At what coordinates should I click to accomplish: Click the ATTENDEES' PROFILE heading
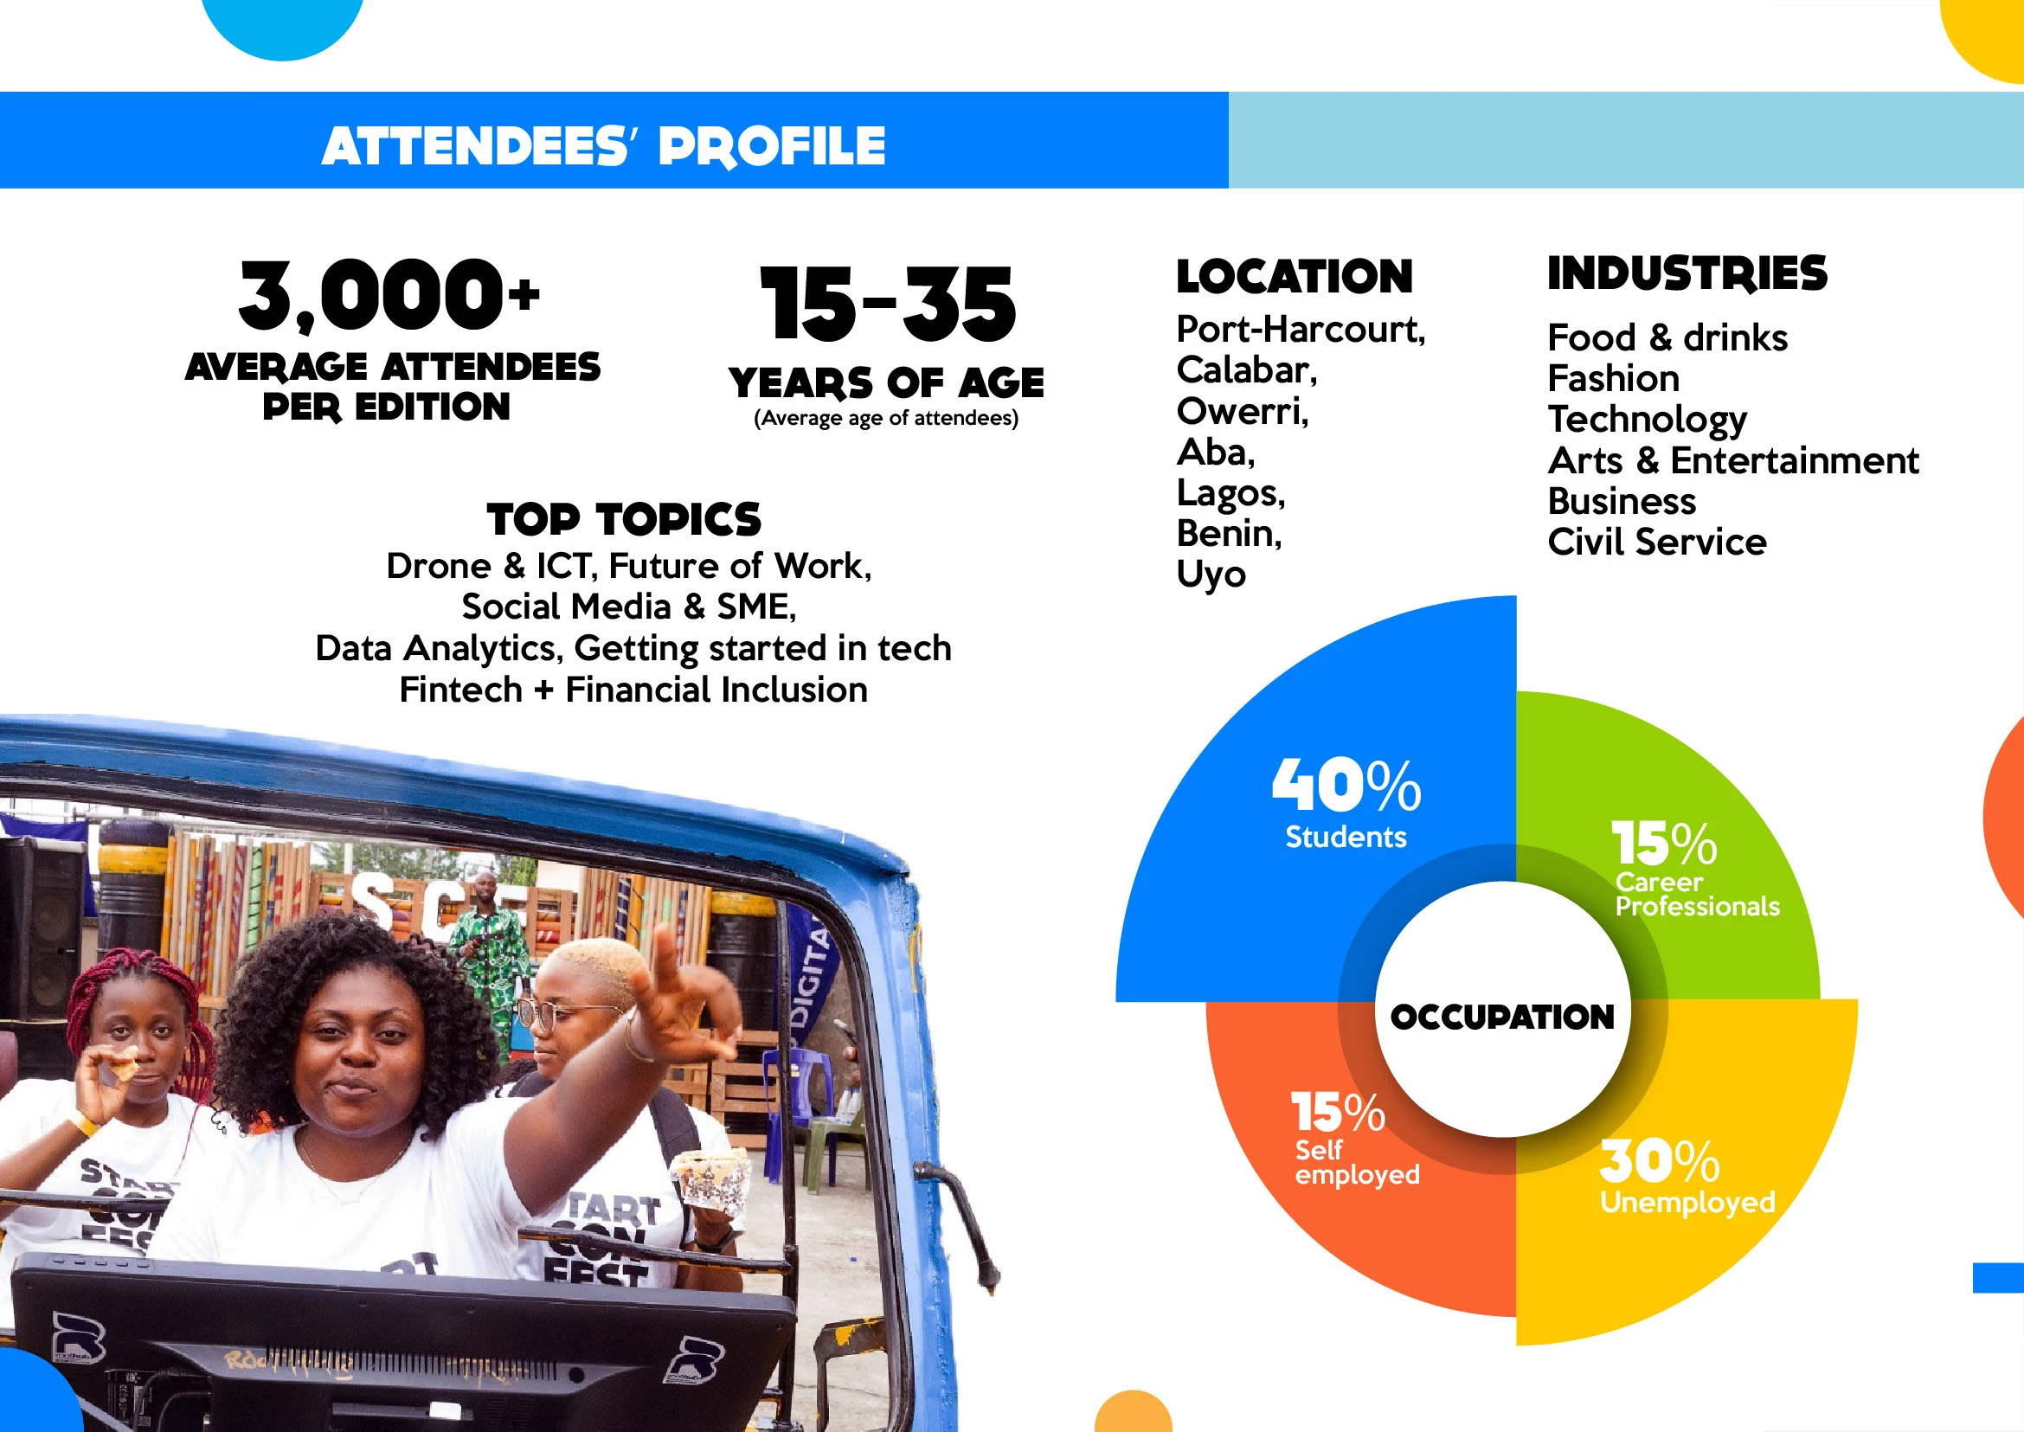[x=603, y=145]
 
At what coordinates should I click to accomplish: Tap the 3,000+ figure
[x=389, y=294]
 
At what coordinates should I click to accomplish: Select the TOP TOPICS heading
[x=624, y=518]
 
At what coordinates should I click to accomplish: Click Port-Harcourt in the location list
[x=1300, y=330]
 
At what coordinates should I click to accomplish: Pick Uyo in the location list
[x=1211, y=574]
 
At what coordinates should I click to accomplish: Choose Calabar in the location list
[x=1246, y=370]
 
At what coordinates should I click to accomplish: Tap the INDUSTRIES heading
[x=1687, y=273]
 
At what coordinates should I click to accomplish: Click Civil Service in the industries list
[x=1656, y=542]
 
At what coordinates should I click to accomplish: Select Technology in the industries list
[x=1647, y=419]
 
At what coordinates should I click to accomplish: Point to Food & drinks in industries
[x=1667, y=337]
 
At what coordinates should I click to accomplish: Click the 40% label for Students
[x=1346, y=786]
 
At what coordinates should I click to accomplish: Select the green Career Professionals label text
[x=1696, y=894]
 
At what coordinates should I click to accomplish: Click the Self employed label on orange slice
[x=1356, y=1162]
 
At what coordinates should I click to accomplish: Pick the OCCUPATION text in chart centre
[x=1502, y=1017]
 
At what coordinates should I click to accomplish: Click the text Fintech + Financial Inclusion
[x=633, y=690]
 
